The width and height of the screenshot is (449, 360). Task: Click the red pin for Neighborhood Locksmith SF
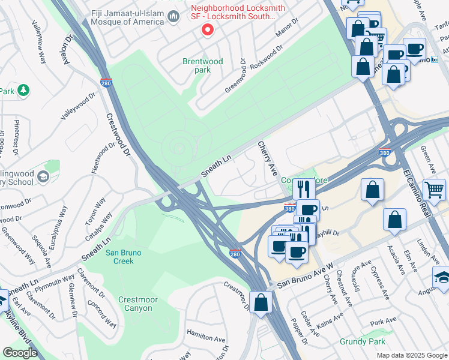point(208,30)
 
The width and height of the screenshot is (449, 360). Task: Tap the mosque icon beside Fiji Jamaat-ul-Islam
point(174,16)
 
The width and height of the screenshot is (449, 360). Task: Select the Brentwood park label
point(202,65)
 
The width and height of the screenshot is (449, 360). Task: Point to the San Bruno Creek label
point(123,257)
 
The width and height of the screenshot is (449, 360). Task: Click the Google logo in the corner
point(20,353)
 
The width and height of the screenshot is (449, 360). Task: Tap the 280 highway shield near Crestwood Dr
point(106,83)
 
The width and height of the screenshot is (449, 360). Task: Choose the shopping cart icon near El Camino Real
point(433,190)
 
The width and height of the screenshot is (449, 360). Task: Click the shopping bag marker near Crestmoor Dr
point(261,302)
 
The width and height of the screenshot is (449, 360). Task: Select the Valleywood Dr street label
point(78,106)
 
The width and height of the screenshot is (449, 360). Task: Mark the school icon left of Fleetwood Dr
point(43,176)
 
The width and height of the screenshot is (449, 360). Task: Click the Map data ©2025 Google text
point(412,355)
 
